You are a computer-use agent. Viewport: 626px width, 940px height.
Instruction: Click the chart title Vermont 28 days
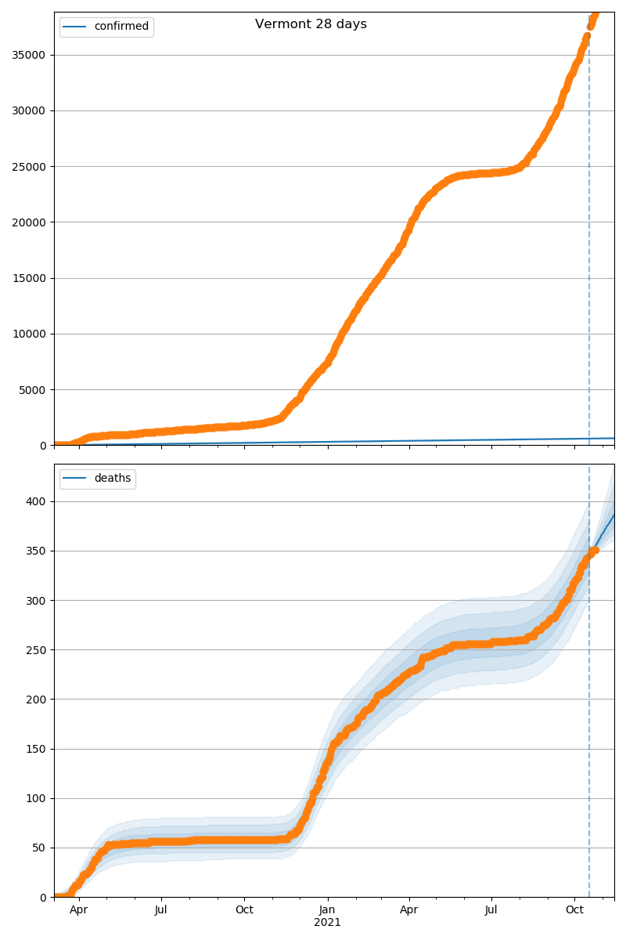(x=311, y=24)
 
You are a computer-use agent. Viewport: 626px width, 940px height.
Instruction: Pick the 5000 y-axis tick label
(x=33, y=390)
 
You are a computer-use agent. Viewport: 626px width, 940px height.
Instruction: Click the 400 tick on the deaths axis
(x=36, y=501)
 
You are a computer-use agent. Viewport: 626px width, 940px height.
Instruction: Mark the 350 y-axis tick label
(x=36, y=551)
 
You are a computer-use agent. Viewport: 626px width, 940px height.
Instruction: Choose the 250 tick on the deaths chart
(x=36, y=650)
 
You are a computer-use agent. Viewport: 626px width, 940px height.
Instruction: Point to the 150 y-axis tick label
(x=36, y=749)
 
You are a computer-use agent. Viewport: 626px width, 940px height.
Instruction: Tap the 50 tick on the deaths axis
(x=39, y=848)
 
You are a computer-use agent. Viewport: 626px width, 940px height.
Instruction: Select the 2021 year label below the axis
(x=327, y=922)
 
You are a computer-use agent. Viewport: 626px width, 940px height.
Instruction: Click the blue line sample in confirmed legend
(x=75, y=27)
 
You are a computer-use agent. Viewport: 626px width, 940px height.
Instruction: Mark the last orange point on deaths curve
(x=595, y=550)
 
